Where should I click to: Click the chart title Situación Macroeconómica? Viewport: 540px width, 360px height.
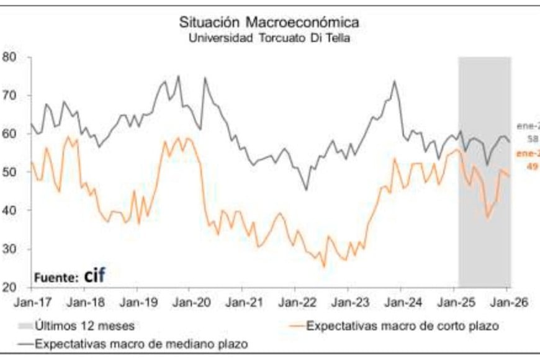tap(269, 22)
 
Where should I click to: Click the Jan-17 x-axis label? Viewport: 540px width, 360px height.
tap(31, 304)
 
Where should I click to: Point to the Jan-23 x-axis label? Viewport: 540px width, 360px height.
tap(350, 304)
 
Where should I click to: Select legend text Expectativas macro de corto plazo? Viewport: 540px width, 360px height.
tap(403, 325)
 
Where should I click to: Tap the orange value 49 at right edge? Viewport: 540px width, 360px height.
tap(532, 167)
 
